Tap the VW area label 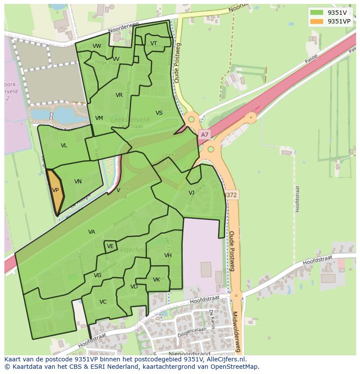point(97,46)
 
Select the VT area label point(153,43)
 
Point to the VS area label point(159,113)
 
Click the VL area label point(64,146)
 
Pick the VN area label point(78,182)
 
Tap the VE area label point(110,246)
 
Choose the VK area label point(157,280)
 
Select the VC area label point(103,302)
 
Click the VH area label point(168,255)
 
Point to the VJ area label point(191,193)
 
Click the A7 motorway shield point(204,135)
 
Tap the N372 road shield point(230,195)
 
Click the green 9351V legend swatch point(317,12)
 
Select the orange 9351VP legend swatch point(317,21)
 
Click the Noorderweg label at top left point(123,28)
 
